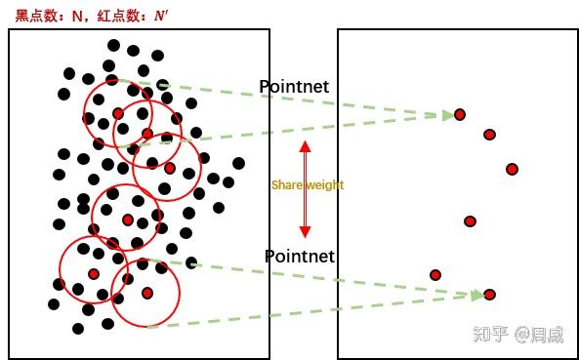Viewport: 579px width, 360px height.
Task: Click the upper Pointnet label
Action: [x=294, y=87]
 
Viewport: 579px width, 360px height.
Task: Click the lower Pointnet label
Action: [x=300, y=257]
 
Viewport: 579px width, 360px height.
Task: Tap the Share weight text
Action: [x=308, y=185]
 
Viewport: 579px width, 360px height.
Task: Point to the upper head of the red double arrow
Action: [x=305, y=147]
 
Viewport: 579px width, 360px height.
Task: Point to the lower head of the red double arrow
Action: [x=305, y=231]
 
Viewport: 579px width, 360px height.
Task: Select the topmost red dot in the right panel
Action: [x=460, y=115]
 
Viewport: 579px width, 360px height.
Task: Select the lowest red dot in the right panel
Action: [x=490, y=295]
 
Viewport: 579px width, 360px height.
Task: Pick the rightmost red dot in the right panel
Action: [x=512, y=169]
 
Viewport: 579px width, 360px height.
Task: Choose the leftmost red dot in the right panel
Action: [x=435, y=275]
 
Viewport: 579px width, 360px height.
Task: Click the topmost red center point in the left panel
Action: [x=118, y=113]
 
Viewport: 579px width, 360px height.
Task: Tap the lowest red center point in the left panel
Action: [x=146, y=293]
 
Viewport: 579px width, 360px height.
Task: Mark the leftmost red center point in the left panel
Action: [x=94, y=274]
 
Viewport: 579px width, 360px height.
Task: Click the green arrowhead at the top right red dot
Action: [x=447, y=115]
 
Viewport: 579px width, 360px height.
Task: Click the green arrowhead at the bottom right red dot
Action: [x=477, y=295]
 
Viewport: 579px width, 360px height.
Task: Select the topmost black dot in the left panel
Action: [x=114, y=45]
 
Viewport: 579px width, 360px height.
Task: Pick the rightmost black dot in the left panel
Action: [x=238, y=163]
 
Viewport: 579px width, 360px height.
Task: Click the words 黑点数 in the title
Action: [x=35, y=15]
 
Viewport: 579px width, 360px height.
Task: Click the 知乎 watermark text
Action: [x=489, y=335]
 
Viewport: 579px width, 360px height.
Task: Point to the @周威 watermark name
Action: [x=540, y=335]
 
